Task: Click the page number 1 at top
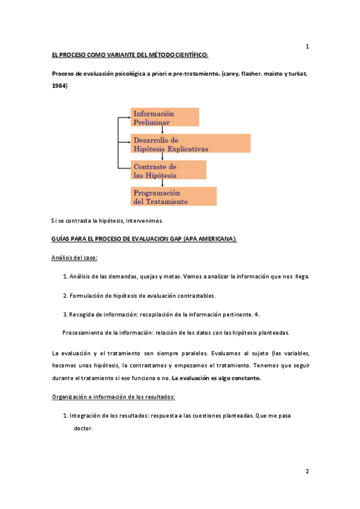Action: (x=307, y=47)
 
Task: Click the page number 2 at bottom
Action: (x=307, y=471)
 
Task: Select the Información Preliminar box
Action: (x=165, y=117)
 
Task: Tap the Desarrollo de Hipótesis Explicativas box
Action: (x=191, y=143)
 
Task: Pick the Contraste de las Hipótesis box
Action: (x=169, y=170)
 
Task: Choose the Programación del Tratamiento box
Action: (x=174, y=197)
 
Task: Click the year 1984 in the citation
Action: (x=59, y=86)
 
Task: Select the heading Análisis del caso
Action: (x=75, y=258)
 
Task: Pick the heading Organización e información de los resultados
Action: (x=113, y=397)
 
